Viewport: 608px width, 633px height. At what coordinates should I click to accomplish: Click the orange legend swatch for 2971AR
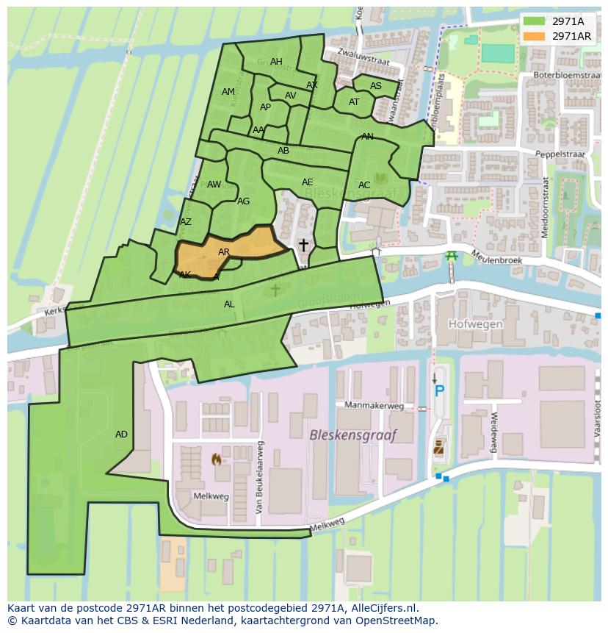[535, 36]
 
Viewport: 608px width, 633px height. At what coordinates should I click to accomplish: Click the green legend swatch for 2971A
[535, 21]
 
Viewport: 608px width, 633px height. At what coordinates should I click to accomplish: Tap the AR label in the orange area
[224, 252]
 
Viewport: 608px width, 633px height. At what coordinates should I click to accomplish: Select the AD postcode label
[121, 434]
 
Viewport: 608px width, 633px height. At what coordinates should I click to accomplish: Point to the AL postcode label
[229, 304]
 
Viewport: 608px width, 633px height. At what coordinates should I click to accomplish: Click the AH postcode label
[276, 62]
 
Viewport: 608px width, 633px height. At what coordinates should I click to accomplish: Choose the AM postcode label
[228, 92]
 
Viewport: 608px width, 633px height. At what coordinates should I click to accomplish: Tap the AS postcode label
[375, 86]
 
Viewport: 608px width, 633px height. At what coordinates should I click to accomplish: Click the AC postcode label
[364, 185]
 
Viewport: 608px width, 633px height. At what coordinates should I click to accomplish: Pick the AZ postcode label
[186, 222]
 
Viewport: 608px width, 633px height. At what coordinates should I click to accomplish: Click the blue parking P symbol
[439, 391]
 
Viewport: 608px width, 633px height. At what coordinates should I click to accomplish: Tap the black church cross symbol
[303, 245]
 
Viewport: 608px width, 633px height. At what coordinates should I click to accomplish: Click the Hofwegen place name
[475, 323]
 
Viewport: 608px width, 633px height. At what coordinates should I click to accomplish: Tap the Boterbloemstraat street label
[568, 75]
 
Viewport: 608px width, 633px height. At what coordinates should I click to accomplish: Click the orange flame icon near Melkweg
[216, 459]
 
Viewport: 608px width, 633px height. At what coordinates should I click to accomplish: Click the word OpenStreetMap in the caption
[395, 621]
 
